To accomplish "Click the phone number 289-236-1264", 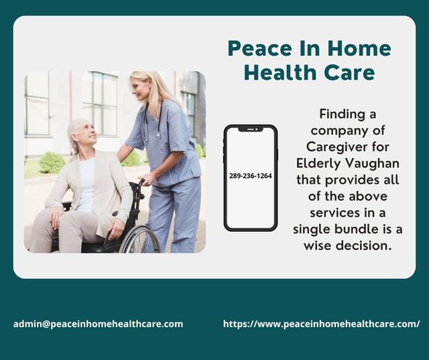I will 250,176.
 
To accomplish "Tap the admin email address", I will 98,324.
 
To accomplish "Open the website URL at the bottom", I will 321,324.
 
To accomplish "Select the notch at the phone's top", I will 250,129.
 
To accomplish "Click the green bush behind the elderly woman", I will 52,162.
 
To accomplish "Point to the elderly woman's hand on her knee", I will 58,216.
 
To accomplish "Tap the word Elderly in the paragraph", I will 319,163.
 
